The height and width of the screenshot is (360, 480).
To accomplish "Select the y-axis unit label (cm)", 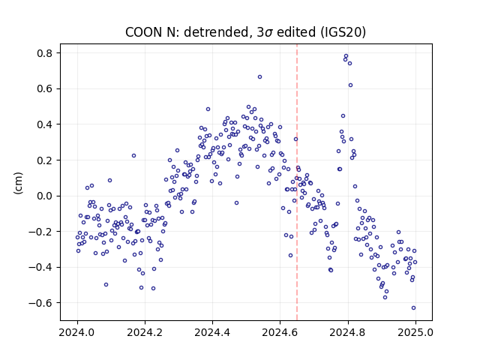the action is tap(18, 183).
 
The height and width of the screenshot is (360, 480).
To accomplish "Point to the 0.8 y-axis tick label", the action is tap(45, 53).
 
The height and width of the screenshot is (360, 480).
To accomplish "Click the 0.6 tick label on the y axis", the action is tap(45, 88).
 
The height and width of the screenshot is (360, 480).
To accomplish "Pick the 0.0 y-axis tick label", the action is tap(45, 196).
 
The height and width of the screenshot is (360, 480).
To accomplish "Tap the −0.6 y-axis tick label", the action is tap(40, 303).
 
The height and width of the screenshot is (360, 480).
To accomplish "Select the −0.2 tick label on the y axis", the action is tap(40, 232).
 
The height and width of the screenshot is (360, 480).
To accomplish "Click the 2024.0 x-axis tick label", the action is tap(77, 332).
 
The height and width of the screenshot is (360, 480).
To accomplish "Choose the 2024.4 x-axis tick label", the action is tap(212, 332).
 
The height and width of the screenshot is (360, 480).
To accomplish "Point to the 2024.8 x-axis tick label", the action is tap(347, 332).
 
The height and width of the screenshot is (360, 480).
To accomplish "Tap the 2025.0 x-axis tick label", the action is tap(415, 332).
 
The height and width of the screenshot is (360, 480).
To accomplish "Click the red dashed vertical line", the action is tap(297, 182).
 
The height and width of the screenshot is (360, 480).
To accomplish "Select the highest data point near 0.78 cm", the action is tap(346, 56).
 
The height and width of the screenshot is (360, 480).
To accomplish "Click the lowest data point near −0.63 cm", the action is tap(413, 308).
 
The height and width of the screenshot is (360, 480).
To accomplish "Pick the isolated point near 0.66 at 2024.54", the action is tap(259, 76).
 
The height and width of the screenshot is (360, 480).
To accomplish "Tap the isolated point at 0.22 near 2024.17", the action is tap(133, 155).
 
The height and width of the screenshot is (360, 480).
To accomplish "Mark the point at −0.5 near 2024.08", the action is tap(106, 285).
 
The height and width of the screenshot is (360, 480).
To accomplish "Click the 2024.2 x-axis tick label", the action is tap(145, 332).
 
